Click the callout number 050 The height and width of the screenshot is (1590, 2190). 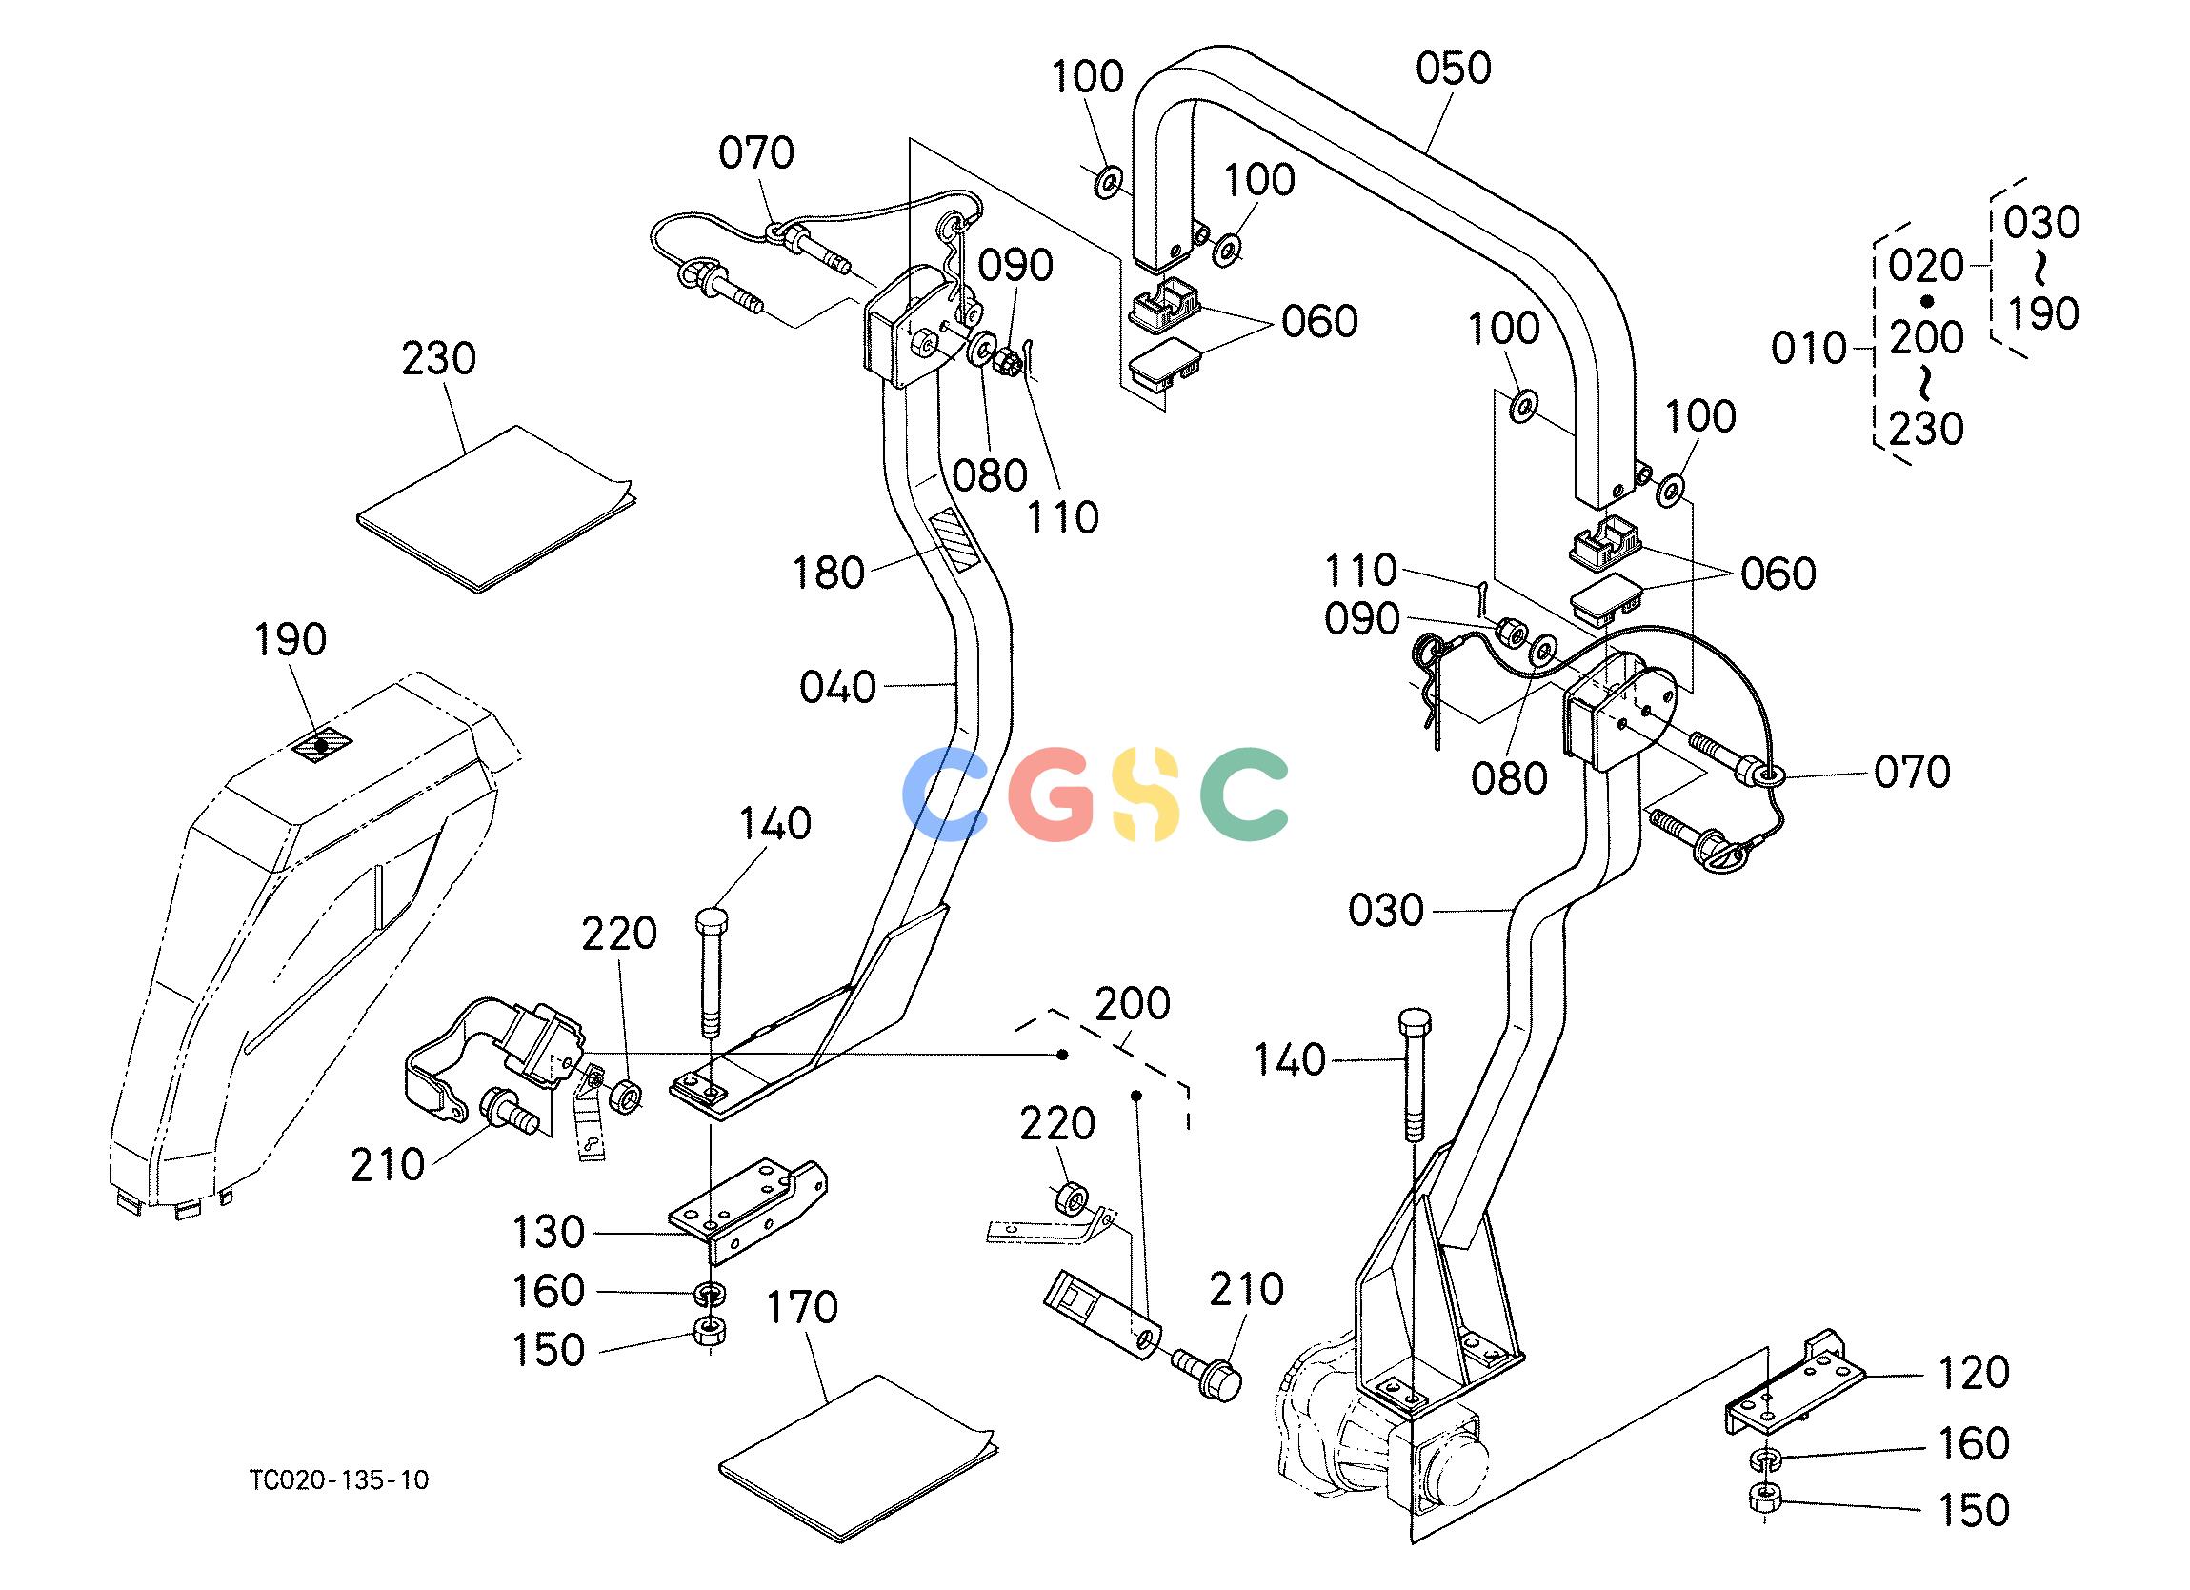1454,70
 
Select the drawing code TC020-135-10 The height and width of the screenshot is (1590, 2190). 339,1479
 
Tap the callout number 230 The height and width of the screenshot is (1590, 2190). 439,359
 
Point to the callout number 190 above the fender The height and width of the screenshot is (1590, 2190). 291,639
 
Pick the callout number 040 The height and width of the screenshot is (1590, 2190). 837,688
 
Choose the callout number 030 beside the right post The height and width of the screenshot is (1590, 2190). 1386,910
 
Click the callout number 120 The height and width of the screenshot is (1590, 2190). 1973,1372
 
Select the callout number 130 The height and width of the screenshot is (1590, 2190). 549,1233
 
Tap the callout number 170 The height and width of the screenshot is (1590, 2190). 801,1308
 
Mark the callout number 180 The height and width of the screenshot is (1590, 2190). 828,573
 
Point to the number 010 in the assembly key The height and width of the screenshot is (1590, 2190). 1809,348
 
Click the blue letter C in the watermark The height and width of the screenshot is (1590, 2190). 945,794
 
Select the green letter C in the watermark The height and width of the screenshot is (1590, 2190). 1244,794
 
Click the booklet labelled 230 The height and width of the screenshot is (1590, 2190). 497,508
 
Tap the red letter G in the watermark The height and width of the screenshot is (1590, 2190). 1052,794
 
